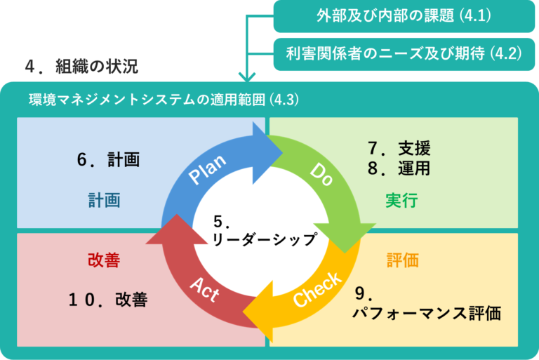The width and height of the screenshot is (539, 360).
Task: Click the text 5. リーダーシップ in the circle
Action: [263, 232]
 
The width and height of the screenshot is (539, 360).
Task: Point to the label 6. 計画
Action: [108, 159]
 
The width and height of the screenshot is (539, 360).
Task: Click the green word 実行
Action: [401, 201]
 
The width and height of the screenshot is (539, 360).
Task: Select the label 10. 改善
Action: [108, 300]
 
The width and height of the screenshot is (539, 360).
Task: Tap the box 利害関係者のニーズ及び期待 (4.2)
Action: [404, 53]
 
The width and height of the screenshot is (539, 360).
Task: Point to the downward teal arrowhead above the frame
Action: [246, 75]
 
